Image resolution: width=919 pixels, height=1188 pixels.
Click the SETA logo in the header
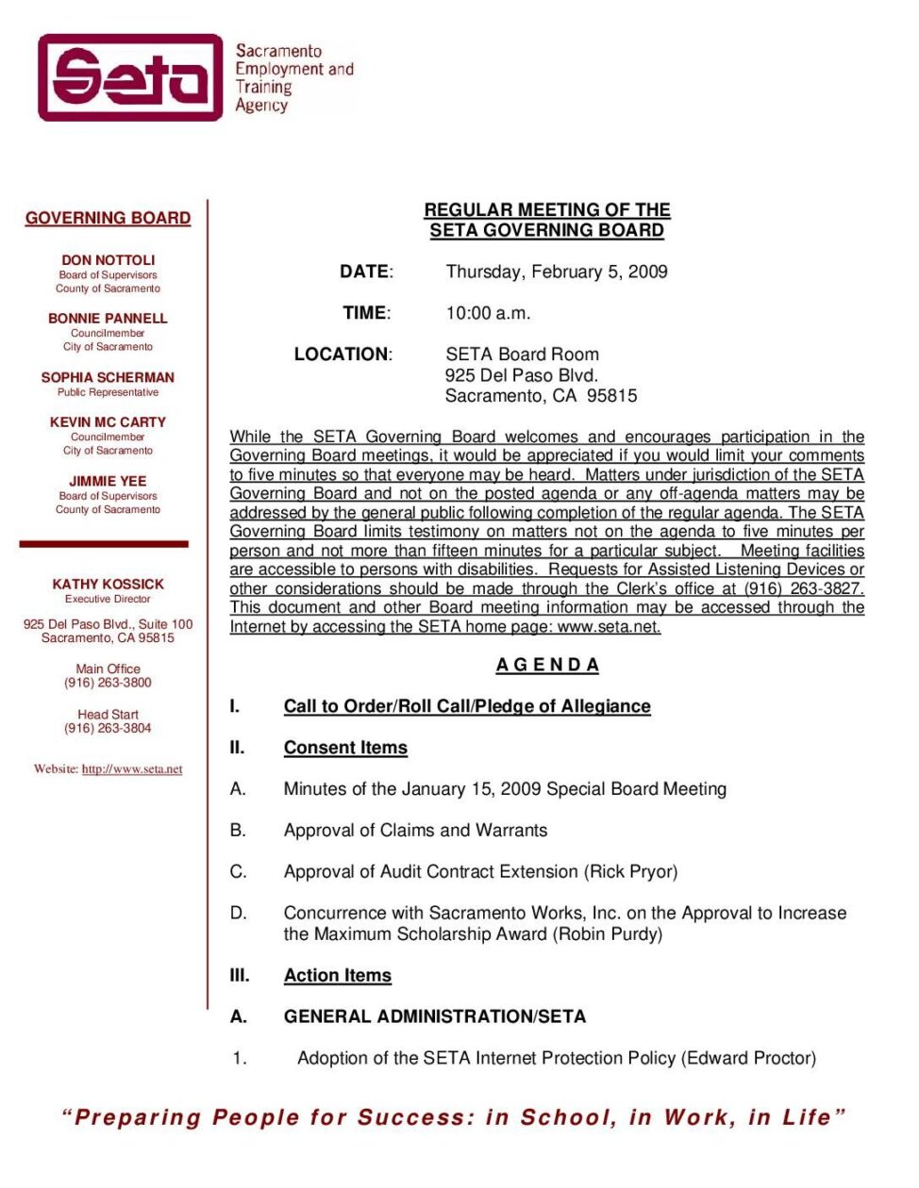tap(130, 77)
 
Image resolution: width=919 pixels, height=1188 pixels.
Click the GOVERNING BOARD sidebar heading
tap(108, 218)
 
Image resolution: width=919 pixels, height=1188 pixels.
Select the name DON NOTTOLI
tap(108, 260)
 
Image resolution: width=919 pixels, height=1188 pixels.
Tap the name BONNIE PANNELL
tap(108, 319)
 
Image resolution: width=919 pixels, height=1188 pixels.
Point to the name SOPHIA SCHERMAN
tap(108, 377)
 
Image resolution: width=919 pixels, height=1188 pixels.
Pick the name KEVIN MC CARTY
tap(108, 422)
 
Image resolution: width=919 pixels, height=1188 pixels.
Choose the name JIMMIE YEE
tap(108, 481)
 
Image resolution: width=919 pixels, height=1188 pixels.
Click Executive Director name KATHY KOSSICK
tap(108, 585)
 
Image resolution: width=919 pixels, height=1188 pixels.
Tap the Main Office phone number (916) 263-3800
tap(108, 683)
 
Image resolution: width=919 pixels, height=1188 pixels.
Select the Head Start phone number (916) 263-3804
tap(108, 728)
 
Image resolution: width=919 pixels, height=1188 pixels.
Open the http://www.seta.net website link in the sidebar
tap(132, 769)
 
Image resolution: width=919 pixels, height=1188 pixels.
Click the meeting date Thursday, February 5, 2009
tap(557, 272)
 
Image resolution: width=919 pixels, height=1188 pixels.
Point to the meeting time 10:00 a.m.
tap(488, 313)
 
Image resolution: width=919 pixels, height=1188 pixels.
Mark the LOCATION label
tap(343, 355)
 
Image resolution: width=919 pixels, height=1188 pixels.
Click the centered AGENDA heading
tap(547, 665)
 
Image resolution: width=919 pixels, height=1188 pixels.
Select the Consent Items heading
tap(345, 748)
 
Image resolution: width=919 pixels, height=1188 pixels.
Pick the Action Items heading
tap(337, 976)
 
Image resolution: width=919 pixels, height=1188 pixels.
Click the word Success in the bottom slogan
tap(416, 1118)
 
